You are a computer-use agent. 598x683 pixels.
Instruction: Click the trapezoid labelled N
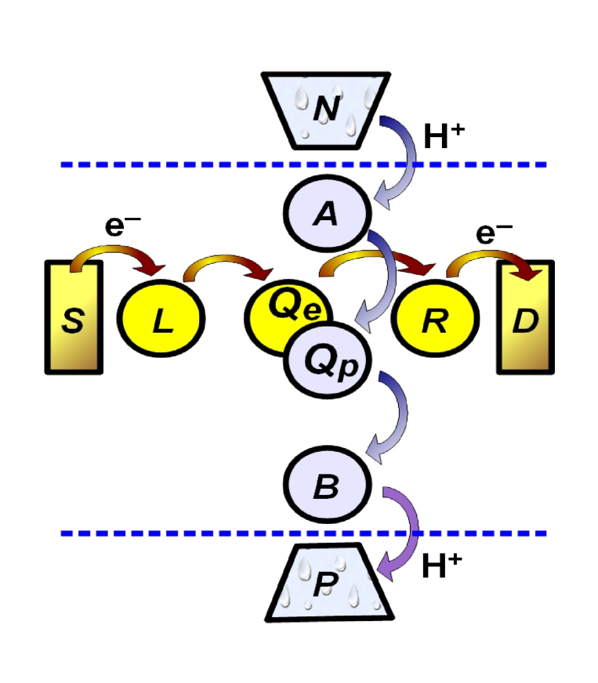point(325,109)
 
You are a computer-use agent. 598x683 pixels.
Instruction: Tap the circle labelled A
point(325,212)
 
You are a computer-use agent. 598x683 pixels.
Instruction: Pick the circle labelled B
point(325,487)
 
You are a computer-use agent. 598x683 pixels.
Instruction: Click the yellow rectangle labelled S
point(74,317)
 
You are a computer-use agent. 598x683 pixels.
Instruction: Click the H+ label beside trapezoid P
point(444,566)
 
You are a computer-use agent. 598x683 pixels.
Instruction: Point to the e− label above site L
point(124,227)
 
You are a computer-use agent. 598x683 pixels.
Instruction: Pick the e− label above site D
point(495,233)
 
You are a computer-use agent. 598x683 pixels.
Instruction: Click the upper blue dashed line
point(196,165)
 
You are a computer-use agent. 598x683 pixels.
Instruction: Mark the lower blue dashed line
point(196,533)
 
